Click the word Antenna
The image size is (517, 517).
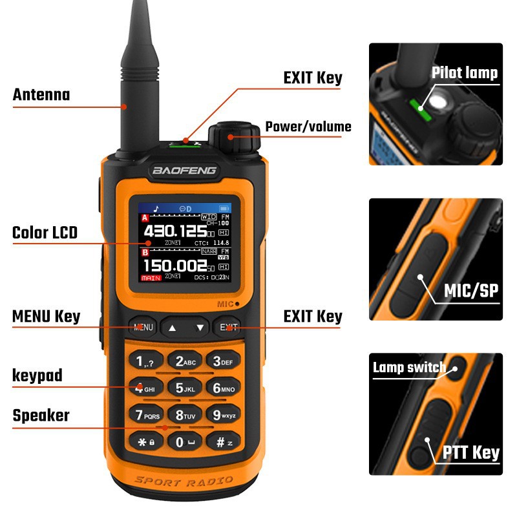41,95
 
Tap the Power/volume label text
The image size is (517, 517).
308,127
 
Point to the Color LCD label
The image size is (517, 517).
45,232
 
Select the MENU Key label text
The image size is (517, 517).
46,317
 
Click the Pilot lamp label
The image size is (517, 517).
465,72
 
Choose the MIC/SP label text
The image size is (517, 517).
472,291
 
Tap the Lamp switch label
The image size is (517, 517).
409,368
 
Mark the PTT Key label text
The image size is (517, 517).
471,452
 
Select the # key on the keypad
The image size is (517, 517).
223,443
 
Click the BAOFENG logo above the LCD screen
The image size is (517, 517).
185,171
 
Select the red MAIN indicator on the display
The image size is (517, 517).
151,277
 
